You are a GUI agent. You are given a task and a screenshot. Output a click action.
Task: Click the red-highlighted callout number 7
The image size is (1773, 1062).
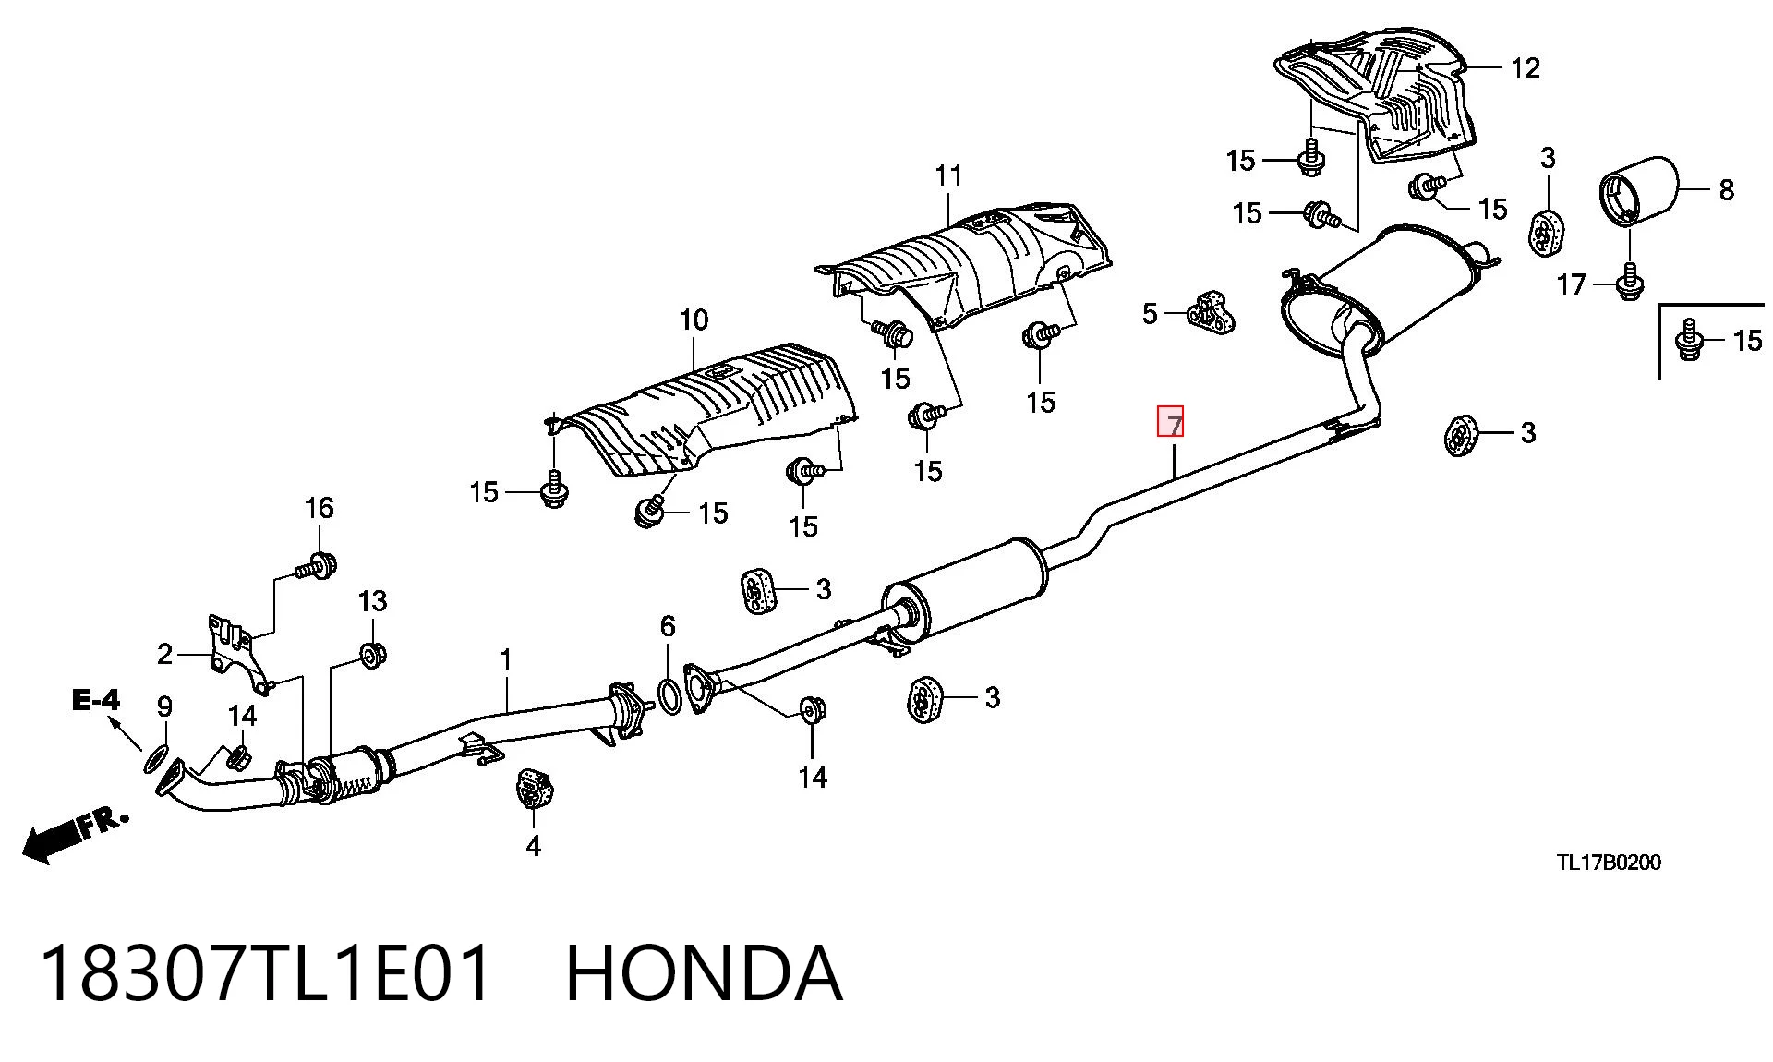[1171, 422]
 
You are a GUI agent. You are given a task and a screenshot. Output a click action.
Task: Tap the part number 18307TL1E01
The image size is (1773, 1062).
[266, 973]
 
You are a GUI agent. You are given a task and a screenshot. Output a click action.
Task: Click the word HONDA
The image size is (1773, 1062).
[704, 973]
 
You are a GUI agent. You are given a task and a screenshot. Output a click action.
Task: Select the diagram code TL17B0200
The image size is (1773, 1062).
[1609, 863]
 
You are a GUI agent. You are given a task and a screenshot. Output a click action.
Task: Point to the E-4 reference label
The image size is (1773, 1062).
[96, 701]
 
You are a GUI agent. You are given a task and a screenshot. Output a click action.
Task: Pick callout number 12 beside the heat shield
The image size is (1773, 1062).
[1526, 68]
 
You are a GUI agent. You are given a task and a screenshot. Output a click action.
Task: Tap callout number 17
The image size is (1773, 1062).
[1571, 284]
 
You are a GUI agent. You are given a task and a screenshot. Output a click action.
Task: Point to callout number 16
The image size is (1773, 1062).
[319, 508]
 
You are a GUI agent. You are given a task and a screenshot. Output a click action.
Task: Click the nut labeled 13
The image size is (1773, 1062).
[372, 655]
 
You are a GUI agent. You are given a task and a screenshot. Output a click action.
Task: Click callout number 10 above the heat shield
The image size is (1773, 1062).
[694, 320]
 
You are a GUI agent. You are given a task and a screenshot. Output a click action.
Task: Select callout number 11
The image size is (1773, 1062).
[948, 175]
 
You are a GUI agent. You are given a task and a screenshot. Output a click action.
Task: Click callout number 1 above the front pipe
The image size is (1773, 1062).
[505, 660]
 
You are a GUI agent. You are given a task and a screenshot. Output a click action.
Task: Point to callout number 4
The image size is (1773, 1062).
[533, 846]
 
